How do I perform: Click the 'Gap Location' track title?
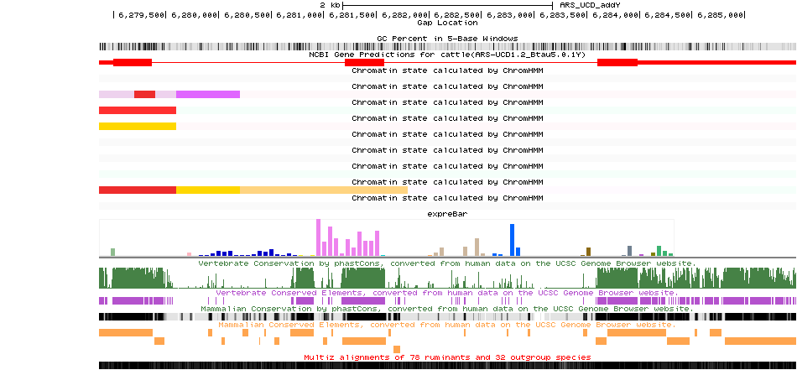click(447, 23)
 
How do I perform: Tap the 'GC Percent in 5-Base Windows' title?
click(447, 39)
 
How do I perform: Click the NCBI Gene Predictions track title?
click(447, 55)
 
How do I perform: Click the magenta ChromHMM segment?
click(208, 94)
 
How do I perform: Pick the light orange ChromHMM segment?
click(324, 190)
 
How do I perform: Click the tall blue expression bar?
click(513, 239)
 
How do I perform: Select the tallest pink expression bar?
click(319, 237)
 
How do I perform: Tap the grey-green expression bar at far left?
click(113, 252)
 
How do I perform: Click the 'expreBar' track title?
click(447, 214)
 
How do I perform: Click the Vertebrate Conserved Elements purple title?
click(447, 294)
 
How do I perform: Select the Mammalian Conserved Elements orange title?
click(447, 324)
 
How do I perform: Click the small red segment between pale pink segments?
click(145, 94)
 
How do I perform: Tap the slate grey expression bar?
click(630, 251)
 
